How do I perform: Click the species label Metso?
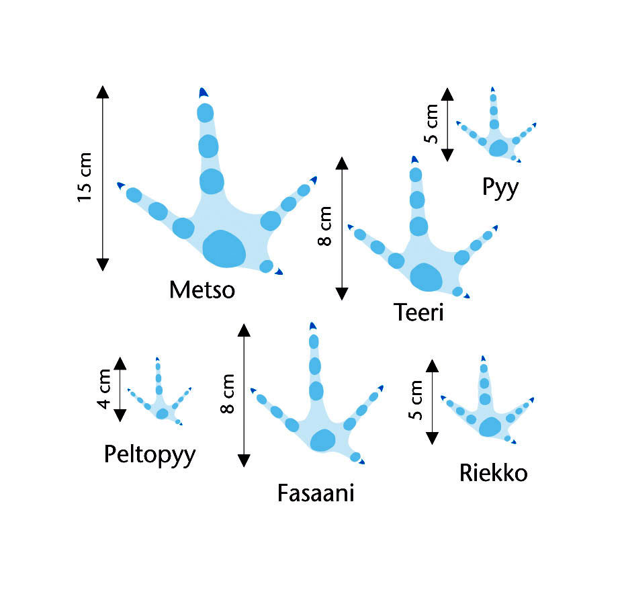[x=202, y=290]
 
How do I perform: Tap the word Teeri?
[x=418, y=312]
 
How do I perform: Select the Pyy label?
[x=500, y=187]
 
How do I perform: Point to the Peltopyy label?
[x=150, y=455]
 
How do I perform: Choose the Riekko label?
[x=493, y=472]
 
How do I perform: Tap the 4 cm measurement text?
[x=103, y=390]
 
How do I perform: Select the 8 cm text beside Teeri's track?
[x=324, y=227]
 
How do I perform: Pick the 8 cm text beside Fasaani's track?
[x=227, y=394]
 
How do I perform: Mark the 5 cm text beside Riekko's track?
[x=416, y=401]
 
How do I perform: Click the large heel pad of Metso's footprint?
[x=224, y=248]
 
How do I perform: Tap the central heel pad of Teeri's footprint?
[x=426, y=277]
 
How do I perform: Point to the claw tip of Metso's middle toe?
[x=203, y=92]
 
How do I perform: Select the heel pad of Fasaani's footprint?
[x=323, y=439]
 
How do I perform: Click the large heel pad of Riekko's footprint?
[x=490, y=427]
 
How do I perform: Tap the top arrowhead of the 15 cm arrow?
[x=102, y=92]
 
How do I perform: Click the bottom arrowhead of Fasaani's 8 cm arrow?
[x=244, y=460]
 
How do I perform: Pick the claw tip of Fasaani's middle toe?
[x=312, y=326]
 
